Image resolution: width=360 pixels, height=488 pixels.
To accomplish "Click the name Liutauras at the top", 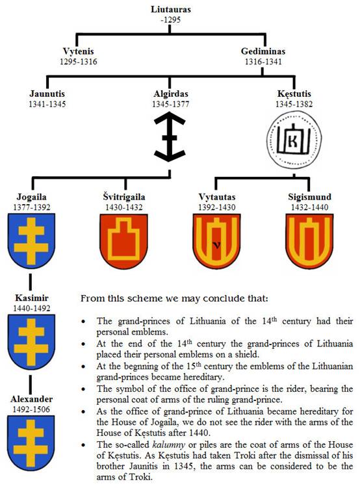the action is [170, 9].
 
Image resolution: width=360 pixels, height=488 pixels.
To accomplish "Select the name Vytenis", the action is [78, 51].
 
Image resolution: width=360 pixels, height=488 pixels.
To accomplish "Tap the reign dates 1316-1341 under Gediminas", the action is [263, 61].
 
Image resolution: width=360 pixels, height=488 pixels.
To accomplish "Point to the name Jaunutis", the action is [47, 94].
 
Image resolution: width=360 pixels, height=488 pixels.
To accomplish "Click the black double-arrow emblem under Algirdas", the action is [170, 138].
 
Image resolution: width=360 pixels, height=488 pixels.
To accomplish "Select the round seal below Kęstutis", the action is [294, 140].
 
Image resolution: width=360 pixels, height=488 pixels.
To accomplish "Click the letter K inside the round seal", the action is [293, 142].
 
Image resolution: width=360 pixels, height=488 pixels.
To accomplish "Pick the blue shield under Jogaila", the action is [31, 241].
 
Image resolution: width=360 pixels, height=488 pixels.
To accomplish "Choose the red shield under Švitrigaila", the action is [123, 241].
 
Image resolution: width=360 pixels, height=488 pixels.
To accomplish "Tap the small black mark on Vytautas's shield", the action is [217, 246].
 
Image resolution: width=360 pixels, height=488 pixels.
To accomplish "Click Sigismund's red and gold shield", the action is [309, 241].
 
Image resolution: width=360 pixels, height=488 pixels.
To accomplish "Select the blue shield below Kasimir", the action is [31, 342].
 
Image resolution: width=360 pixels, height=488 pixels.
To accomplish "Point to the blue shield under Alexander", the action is [31, 443].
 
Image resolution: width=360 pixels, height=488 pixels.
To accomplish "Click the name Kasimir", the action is [32, 298].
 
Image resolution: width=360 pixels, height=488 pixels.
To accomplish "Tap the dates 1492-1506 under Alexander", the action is [31, 409].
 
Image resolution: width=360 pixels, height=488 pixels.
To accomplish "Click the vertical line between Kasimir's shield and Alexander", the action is [30, 385].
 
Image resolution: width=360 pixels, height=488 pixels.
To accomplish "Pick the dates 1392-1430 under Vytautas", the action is [217, 207].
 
